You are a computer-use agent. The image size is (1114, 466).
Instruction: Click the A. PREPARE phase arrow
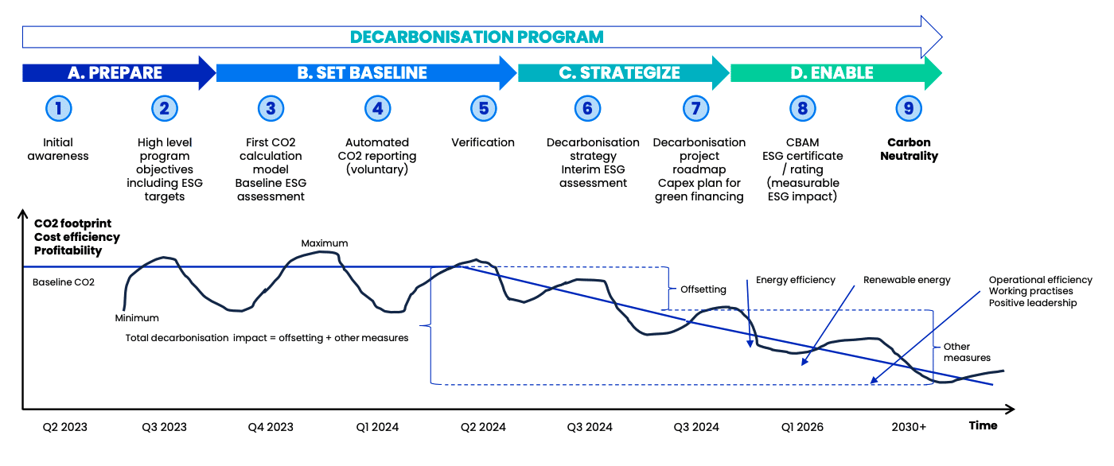coord(115,73)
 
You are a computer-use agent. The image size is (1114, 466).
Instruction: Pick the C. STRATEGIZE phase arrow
coord(620,73)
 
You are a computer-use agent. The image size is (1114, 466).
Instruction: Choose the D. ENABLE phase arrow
coord(832,73)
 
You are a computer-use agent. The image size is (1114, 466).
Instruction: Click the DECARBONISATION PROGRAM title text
coord(477,37)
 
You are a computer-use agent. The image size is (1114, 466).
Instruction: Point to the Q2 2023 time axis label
coord(65,427)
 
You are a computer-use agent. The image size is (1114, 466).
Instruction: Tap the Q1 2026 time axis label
coord(802,427)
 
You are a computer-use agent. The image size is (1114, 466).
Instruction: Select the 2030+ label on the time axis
coord(909,427)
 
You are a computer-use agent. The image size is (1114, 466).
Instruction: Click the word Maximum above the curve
coord(325,243)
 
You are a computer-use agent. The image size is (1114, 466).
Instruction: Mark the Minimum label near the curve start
coord(137,318)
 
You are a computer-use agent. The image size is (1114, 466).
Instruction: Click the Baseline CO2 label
coord(64,282)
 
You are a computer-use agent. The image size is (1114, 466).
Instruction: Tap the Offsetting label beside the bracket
coord(703,289)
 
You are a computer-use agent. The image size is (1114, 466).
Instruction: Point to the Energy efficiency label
coord(796,280)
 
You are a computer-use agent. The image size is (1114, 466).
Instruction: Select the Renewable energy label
coord(907,280)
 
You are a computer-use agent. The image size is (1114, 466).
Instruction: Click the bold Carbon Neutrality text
coord(909,150)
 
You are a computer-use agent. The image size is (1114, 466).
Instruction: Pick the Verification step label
coord(483,143)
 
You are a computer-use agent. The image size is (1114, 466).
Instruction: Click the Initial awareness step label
coord(58,150)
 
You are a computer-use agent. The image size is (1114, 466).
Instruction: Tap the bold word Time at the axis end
coord(983,425)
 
